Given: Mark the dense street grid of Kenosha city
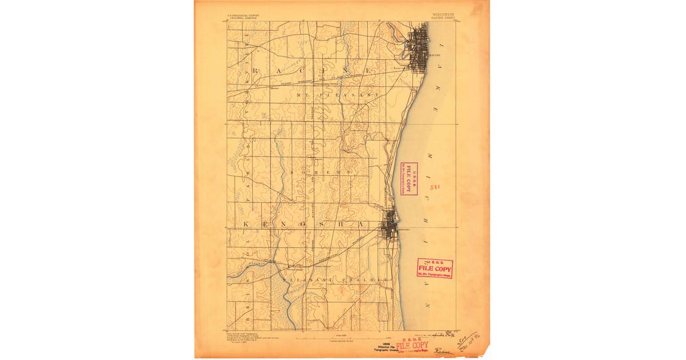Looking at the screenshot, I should [390, 226].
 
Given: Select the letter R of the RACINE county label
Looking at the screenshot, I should [257, 71].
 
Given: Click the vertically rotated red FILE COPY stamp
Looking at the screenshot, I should [409, 179].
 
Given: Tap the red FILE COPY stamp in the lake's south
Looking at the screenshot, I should [434, 267].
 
